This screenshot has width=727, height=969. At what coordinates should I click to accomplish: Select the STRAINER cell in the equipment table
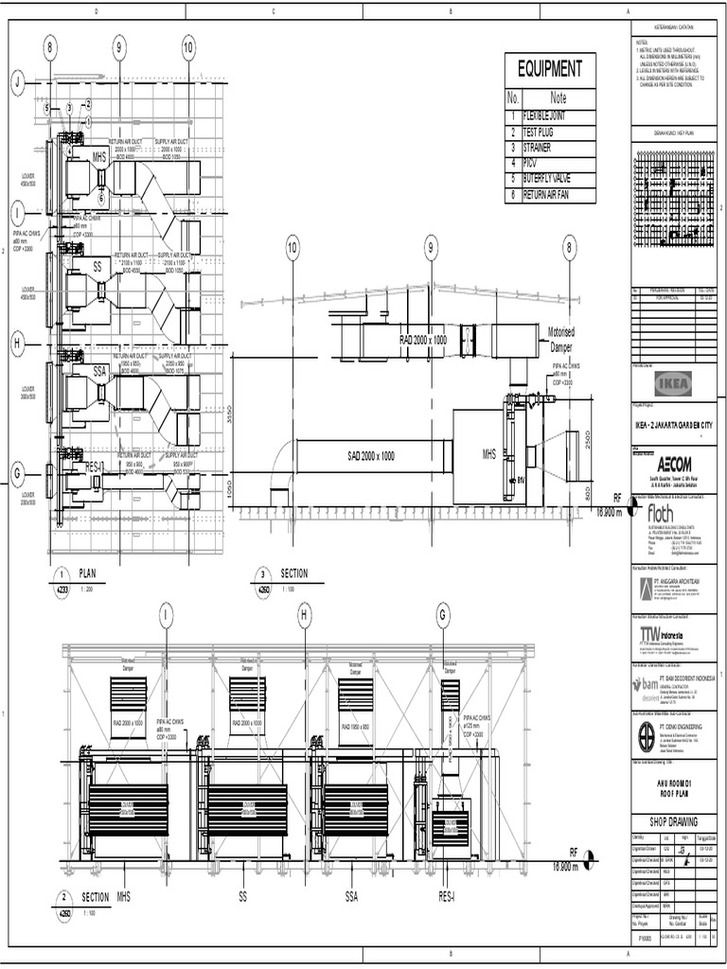point(544,149)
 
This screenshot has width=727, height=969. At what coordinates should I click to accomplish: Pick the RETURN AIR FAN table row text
point(554,195)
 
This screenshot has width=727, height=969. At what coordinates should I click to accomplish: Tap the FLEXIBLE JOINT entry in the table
point(549,117)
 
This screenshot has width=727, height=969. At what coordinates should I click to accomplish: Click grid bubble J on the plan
point(17,83)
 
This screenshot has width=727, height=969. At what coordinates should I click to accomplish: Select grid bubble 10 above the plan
point(188,47)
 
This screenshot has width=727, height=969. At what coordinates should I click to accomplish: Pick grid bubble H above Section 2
point(305,616)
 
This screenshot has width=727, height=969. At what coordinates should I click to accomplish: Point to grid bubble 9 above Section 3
point(431,249)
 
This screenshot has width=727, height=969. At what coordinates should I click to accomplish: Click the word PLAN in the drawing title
point(88,573)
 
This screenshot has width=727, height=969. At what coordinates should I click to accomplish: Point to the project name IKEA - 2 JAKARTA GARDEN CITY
point(674,426)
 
